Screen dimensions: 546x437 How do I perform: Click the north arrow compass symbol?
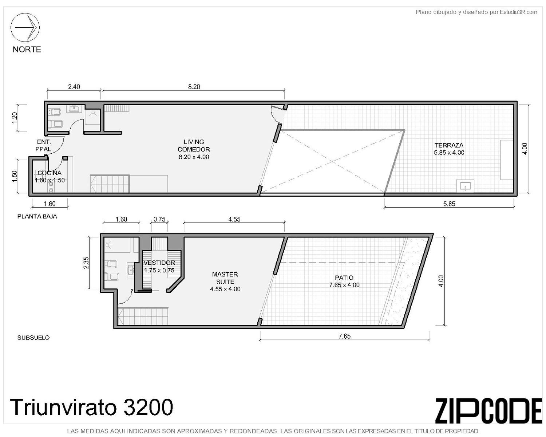pyautogui.click(x=25, y=27)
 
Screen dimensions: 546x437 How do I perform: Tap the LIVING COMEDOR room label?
pyautogui.click(x=194, y=146)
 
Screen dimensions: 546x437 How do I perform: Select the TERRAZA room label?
pyautogui.click(x=449, y=145)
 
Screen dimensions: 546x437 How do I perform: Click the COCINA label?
pyautogui.click(x=50, y=173)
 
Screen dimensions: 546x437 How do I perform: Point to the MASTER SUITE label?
pyautogui.click(x=225, y=278)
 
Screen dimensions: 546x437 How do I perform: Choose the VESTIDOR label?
pyautogui.click(x=159, y=263)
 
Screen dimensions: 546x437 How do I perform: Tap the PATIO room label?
pyautogui.click(x=344, y=278)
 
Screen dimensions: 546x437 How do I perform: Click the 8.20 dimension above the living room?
pyautogui.click(x=194, y=87)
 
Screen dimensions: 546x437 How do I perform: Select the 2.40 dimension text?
pyautogui.click(x=74, y=87)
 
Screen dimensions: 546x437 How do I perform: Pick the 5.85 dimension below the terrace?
pyautogui.click(x=449, y=204)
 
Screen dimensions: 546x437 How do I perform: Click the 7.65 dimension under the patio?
pyautogui.click(x=345, y=336)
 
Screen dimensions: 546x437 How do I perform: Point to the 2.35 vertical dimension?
pyautogui.click(x=86, y=263)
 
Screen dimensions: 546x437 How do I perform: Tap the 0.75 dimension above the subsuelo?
pyautogui.click(x=159, y=219)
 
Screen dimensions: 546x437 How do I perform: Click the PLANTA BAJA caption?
pyautogui.click(x=37, y=217)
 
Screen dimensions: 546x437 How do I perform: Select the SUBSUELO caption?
pyautogui.click(x=33, y=338)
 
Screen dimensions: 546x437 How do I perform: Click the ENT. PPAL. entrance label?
pyautogui.click(x=44, y=146)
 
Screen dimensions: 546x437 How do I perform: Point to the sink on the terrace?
pyautogui.click(x=465, y=186)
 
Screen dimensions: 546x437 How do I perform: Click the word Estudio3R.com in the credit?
pyautogui.click(x=518, y=12)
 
